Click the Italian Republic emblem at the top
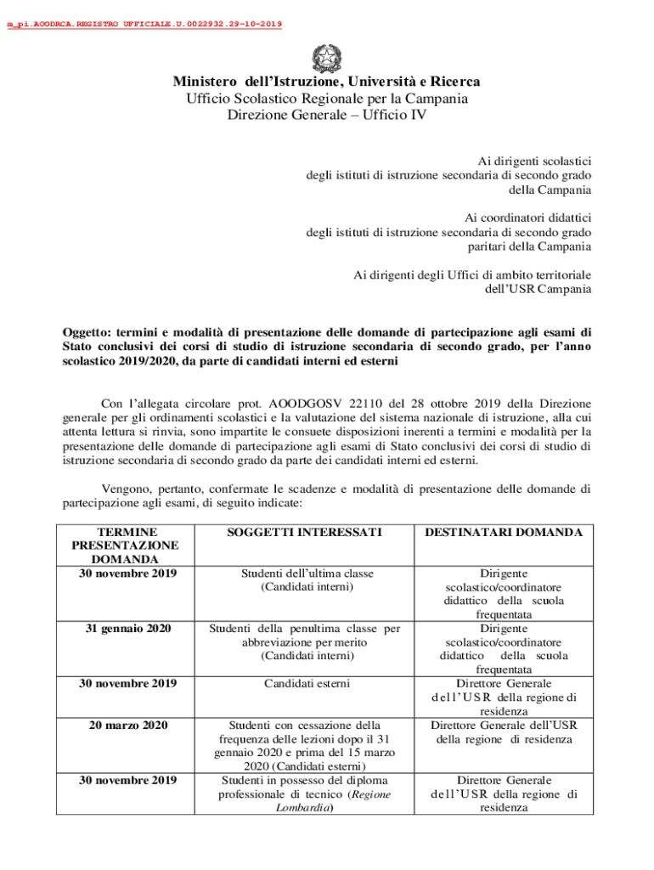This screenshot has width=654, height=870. [326, 57]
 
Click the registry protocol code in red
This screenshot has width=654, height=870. [144, 24]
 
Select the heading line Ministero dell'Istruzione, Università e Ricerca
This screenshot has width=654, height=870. [326, 82]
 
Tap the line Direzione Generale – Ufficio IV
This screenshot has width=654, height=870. [326, 115]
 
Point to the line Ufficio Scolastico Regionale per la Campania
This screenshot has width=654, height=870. [326, 99]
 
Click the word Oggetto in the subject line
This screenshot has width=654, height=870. [86, 331]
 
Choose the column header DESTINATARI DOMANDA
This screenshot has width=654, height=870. [504, 532]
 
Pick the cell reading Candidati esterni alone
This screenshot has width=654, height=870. [305, 683]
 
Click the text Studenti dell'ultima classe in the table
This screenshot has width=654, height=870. [305, 573]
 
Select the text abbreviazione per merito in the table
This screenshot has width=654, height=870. [305, 642]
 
